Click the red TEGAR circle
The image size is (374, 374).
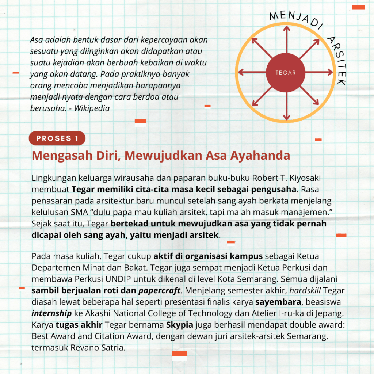[x=286, y=72]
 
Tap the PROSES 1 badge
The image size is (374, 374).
[x=57, y=138]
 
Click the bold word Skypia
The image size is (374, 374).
[x=180, y=325]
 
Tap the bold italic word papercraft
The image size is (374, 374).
[x=159, y=291]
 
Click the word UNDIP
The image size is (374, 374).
[x=120, y=279]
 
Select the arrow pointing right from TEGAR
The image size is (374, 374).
[x=320, y=72]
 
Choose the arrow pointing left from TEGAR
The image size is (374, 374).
[x=252, y=72]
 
